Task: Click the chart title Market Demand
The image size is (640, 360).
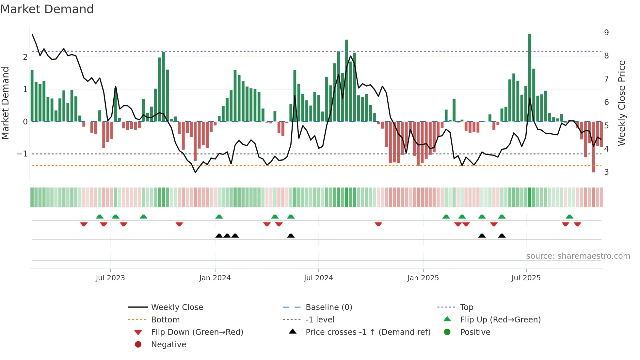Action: coord(47,9)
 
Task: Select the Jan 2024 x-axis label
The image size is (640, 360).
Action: coord(215,278)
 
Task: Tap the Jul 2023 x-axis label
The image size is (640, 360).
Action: coord(110,278)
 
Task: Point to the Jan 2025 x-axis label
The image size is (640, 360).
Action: coord(423,278)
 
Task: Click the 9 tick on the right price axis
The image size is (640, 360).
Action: coord(606,33)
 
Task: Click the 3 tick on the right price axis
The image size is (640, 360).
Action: coord(606,172)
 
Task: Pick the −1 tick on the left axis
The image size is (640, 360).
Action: coord(23,154)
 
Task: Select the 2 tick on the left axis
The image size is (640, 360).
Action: coord(25,57)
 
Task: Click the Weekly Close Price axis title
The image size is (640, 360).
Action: coord(622,103)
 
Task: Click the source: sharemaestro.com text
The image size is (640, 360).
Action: coord(578,256)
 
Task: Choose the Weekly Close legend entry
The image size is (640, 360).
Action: coord(177,307)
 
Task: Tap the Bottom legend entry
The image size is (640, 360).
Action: coord(165,320)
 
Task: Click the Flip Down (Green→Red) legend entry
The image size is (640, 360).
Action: coord(197,332)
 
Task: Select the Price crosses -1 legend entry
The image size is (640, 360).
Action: coord(368,332)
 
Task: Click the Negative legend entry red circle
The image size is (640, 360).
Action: coord(138,345)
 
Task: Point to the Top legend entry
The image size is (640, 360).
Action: coord(467,307)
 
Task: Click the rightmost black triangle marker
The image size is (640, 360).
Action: coord(502,236)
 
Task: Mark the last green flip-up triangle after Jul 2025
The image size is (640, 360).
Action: coord(569,217)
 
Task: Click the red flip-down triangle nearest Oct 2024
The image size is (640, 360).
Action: coord(378,224)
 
